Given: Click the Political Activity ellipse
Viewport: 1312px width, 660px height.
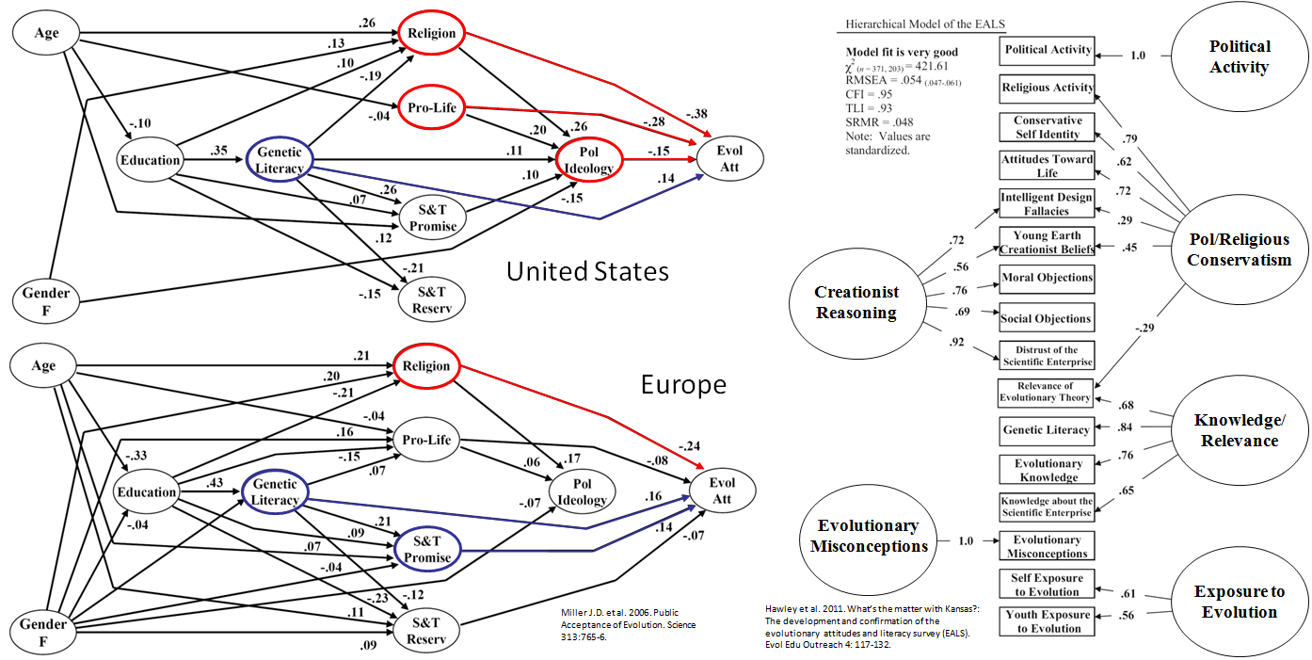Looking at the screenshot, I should pos(1239,56).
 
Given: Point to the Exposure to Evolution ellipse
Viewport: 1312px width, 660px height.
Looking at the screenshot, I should pos(1239,602).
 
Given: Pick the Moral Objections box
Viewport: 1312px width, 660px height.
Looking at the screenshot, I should pos(1047,278).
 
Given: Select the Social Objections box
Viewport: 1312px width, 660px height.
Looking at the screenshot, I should pos(1047,318).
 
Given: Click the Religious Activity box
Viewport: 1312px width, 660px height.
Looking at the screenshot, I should pos(1047,88).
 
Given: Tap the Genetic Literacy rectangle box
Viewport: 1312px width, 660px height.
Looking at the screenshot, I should pos(1047,430).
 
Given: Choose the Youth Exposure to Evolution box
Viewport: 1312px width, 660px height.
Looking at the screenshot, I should pos(1047,621).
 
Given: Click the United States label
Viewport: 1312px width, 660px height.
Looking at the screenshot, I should pos(587,272).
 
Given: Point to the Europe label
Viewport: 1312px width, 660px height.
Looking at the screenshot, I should pos(684,384).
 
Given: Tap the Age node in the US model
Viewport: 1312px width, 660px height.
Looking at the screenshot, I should pos(46,33).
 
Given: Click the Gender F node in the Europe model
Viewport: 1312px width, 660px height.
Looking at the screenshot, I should pos(43,632).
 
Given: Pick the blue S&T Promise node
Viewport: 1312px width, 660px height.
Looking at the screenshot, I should pos(429,550).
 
